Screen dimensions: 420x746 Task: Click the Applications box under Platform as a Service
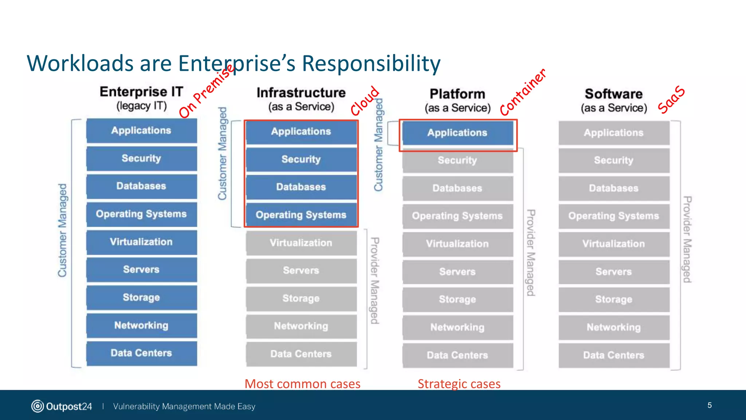tap(457, 133)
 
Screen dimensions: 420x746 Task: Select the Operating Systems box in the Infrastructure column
tap(301, 215)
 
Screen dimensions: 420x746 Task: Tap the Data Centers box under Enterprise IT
tap(141, 353)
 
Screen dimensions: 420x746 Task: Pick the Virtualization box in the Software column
tap(613, 244)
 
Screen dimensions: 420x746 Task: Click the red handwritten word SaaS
tap(671, 100)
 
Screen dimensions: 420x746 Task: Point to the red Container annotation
tap(522, 92)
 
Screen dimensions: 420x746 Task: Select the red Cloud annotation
tap(365, 101)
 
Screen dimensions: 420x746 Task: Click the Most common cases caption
tap(302, 384)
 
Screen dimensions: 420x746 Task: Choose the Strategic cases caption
tap(459, 384)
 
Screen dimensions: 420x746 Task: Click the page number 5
tap(710, 405)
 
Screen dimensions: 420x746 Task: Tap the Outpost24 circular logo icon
tap(38, 406)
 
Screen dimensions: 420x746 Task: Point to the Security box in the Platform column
tap(457, 160)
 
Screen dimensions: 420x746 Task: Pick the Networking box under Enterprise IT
tap(141, 325)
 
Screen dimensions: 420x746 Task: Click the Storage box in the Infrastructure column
tap(301, 298)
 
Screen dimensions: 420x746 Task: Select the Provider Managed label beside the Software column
tap(687, 239)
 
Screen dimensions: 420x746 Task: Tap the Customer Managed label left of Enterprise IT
tap(62, 230)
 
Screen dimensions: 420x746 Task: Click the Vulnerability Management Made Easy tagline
tap(184, 406)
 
